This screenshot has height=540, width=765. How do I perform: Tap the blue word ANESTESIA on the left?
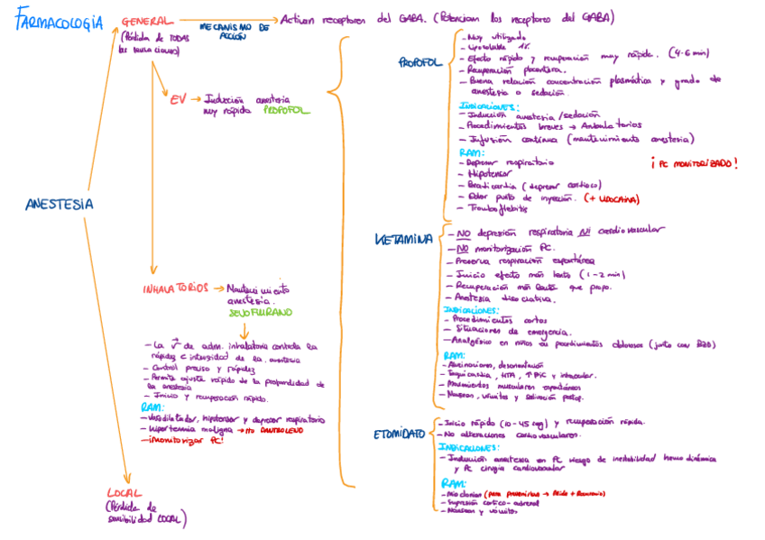click(60, 204)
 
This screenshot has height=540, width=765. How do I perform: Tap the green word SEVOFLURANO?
click(263, 312)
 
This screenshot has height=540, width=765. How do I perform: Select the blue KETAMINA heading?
click(403, 239)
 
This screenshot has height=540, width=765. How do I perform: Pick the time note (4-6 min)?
click(689, 55)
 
